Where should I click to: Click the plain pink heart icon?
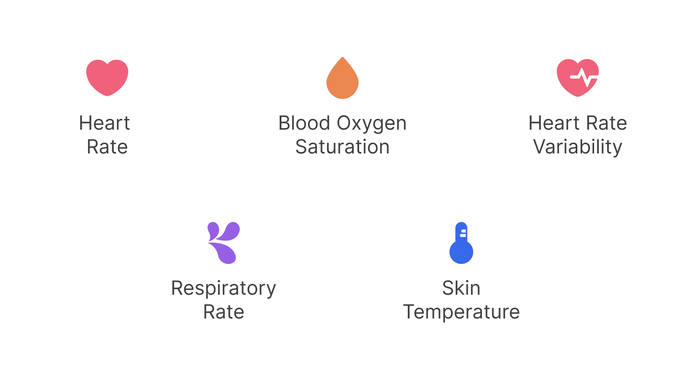[x=107, y=78]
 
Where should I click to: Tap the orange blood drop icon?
[x=342, y=78]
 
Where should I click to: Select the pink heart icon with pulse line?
[x=577, y=78]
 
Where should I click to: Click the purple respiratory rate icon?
[x=224, y=243]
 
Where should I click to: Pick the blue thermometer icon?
[x=461, y=243]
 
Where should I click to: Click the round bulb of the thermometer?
[x=461, y=252]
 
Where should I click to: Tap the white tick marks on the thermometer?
[x=463, y=233]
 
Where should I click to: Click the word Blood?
[x=304, y=123]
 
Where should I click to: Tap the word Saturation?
[x=342, y=147]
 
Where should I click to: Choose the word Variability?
[x=578, y=147]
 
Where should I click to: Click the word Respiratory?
[x=224, y=289]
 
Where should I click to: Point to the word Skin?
[x=461, y=288]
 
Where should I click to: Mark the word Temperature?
[x=461, y=313]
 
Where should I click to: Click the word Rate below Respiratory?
[x=224, y=312]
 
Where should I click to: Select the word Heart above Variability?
[x=554, y=123]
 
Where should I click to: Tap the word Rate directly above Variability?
[x=607, y=123]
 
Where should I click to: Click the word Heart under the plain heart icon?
[x=104, y=123]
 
